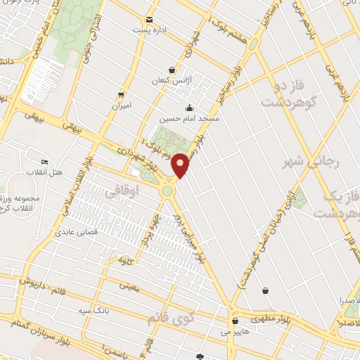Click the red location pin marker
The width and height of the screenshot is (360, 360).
(x=181, y=165)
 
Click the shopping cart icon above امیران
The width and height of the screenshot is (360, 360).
(x=122, y=95)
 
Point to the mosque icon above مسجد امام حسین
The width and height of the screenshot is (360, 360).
(x=189, y=108)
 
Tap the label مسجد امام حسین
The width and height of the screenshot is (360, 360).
(x=189, y=120)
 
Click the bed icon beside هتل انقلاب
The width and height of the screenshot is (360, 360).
(x=44, y=162)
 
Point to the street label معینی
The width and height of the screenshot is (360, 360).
(x=130, y=285)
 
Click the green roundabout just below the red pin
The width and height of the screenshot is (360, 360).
(x=168, y=190)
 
